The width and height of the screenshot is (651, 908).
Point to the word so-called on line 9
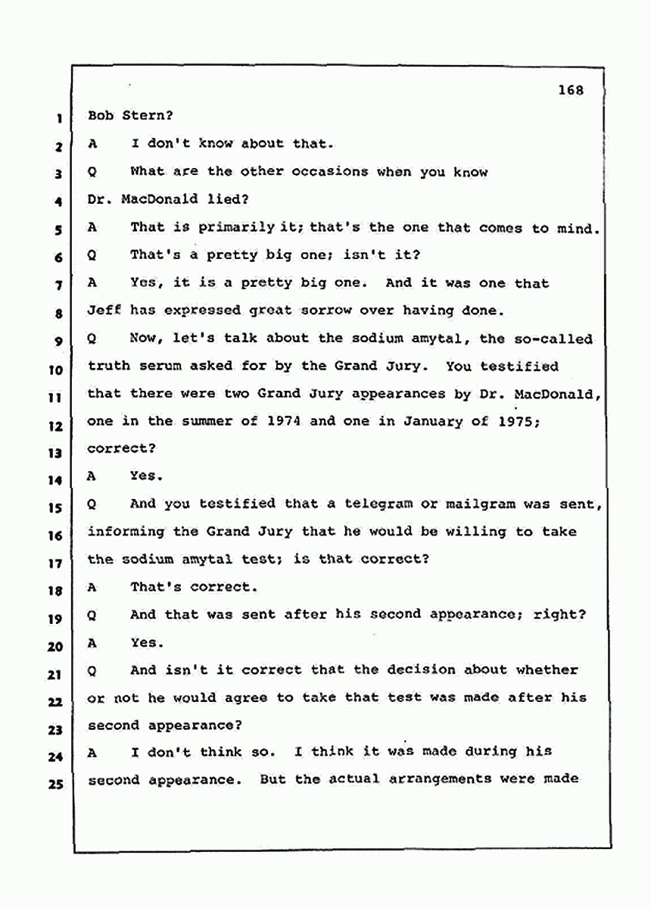point(557,339)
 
